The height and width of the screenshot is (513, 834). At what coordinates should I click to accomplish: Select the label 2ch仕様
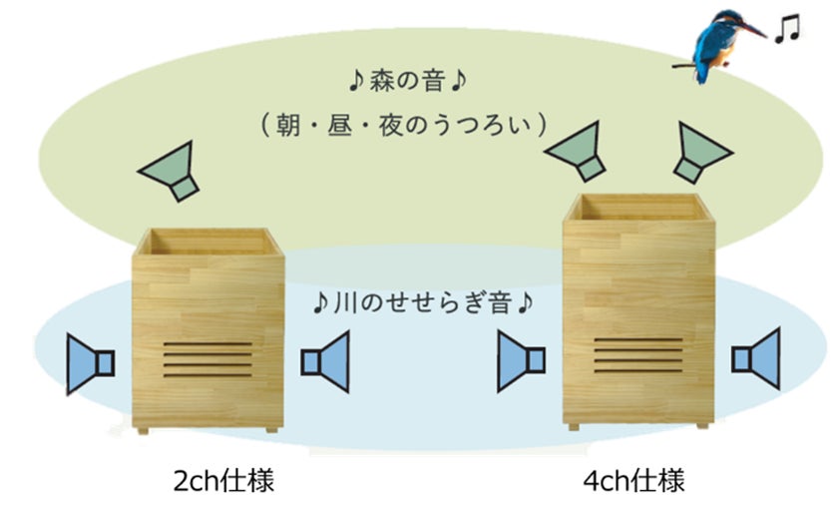222,481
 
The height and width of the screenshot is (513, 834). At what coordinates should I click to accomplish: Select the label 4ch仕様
634,481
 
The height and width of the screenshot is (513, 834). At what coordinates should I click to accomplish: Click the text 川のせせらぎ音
420,300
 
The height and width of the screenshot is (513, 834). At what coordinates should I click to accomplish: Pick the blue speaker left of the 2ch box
90,361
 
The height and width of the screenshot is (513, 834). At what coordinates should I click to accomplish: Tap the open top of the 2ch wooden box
208,241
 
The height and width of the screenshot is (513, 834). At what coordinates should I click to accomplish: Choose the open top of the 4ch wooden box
638,207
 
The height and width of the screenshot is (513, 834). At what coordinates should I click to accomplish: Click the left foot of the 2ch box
141,429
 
